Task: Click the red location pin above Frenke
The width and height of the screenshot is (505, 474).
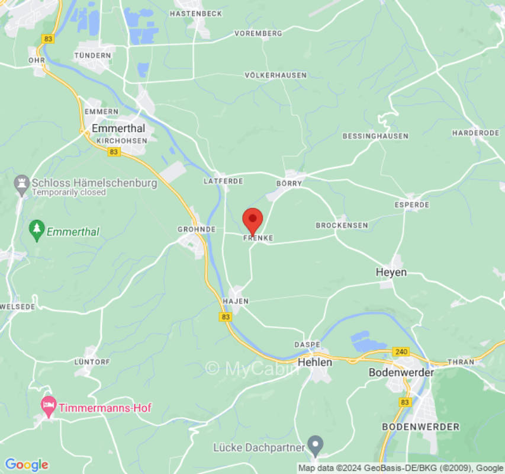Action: (x=253, y=220)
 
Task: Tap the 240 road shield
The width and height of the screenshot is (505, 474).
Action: (x=401, y=352)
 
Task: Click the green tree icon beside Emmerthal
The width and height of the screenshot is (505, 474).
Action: (x=37, y=231)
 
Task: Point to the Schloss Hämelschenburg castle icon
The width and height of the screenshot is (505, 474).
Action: (x=22, y=185)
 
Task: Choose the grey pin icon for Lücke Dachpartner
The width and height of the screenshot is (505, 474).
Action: (x=317, y=443)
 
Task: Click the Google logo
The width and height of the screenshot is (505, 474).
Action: (x=26, y=465)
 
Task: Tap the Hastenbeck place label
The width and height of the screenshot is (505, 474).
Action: (x=195, y=13)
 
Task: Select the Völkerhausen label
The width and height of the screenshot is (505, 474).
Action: (x=276, y=75)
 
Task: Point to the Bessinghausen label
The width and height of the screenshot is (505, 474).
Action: (x=375, y=136)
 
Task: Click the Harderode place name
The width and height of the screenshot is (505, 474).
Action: (x=476, y=133)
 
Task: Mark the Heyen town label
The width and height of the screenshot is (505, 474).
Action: (x=391, y=272)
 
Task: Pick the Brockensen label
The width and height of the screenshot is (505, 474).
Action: (x=342, y=225)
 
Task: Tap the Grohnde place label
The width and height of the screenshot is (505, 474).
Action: (x=197, y=229)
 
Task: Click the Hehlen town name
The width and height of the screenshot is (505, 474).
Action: (x=314, y=361)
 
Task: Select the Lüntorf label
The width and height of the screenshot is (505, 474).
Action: (x=93, y=361)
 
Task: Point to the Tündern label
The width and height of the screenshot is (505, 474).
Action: (x=92, y=55)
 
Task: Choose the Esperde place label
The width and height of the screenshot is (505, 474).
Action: (x=412, y=204)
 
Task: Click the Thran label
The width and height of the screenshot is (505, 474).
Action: (x=461, y=361)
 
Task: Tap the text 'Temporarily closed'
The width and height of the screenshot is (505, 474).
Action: (x=69, y=193)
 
